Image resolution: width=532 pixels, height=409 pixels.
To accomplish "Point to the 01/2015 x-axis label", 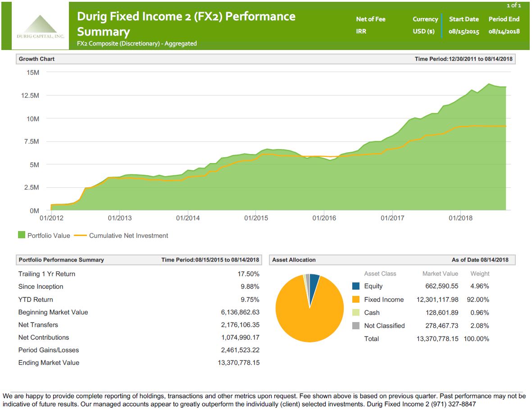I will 256,218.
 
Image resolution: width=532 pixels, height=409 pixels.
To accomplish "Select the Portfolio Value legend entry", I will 44,236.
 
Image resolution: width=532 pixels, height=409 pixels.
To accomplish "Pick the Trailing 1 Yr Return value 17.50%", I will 248,274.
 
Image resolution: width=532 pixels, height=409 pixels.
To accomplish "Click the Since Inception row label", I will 41,286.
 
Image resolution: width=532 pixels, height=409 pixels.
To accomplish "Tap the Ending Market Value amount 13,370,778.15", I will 238,363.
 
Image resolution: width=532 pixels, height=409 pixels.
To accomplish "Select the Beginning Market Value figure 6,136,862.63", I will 238,312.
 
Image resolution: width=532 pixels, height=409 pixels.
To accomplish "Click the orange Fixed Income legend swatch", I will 356,300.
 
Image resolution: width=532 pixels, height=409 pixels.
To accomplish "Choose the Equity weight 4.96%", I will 480,286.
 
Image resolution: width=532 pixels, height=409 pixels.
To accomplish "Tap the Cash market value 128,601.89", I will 442,313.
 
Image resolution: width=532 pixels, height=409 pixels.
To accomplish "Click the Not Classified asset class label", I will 384,326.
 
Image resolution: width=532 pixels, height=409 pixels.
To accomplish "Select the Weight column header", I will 480,273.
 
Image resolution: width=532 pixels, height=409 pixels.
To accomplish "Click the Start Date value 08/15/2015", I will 464,32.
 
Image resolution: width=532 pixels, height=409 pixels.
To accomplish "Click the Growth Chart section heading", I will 36,59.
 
